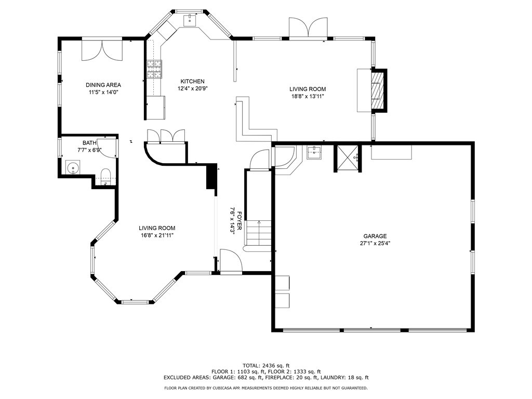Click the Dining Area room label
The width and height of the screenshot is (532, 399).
coord(103,85)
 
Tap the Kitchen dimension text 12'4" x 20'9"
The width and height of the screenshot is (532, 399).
coord(192,89)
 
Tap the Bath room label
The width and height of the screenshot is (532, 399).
coord(89,143)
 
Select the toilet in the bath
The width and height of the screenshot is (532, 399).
coord(105,175)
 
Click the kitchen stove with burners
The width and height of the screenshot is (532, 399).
coord(154,69)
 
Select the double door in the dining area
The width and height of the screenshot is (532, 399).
coord(102,50)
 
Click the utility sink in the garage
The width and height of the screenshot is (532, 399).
coord(314,152)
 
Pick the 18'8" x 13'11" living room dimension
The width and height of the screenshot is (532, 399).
coord(308,96)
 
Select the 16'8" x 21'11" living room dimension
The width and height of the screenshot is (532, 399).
coord(156,235)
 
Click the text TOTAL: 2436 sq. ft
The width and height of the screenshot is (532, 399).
coord(265,365)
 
